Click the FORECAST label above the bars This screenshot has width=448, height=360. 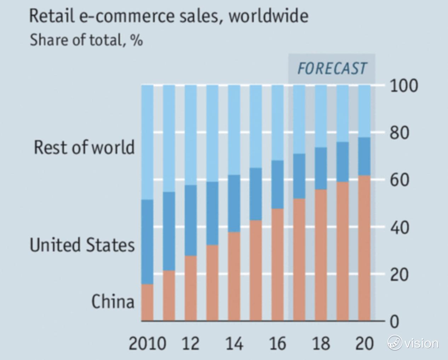[332, 69]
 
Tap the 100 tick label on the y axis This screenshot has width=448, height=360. [404, 86]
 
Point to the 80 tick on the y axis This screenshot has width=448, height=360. [400, 133]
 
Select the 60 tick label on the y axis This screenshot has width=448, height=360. [400, 180]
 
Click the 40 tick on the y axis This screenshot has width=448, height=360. [400, 227]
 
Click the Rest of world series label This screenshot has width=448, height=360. [84, 147]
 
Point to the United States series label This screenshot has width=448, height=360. [82, 245]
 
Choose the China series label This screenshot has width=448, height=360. [113, 302]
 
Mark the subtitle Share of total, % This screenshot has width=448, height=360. [86, 40]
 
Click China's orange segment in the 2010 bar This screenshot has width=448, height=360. [147, 303]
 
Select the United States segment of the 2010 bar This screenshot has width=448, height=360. [147, 242]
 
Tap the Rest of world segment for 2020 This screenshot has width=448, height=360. [364, 111]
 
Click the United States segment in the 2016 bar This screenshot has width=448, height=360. [277, 184]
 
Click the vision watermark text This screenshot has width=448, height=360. [421, 343]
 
